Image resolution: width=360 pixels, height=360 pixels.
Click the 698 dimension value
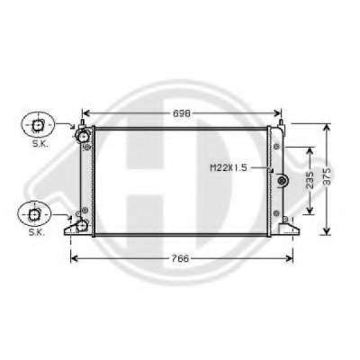click(182, 113)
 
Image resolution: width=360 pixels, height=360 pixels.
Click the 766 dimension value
click(181, 258)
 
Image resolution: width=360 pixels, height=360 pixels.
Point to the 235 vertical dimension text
click(310, 180)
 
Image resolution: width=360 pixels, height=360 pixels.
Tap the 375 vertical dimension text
click(328, 176)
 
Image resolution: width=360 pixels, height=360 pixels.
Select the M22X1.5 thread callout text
click(229, 168)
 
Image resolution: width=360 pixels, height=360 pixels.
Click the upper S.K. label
click(40, 144)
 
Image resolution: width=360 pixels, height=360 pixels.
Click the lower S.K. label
click(37, 232)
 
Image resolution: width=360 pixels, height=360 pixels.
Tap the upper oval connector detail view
click(38, 125)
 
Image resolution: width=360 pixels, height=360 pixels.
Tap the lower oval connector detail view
click(34, 214)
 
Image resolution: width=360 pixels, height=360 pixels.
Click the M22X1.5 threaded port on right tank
click(282, 181)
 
